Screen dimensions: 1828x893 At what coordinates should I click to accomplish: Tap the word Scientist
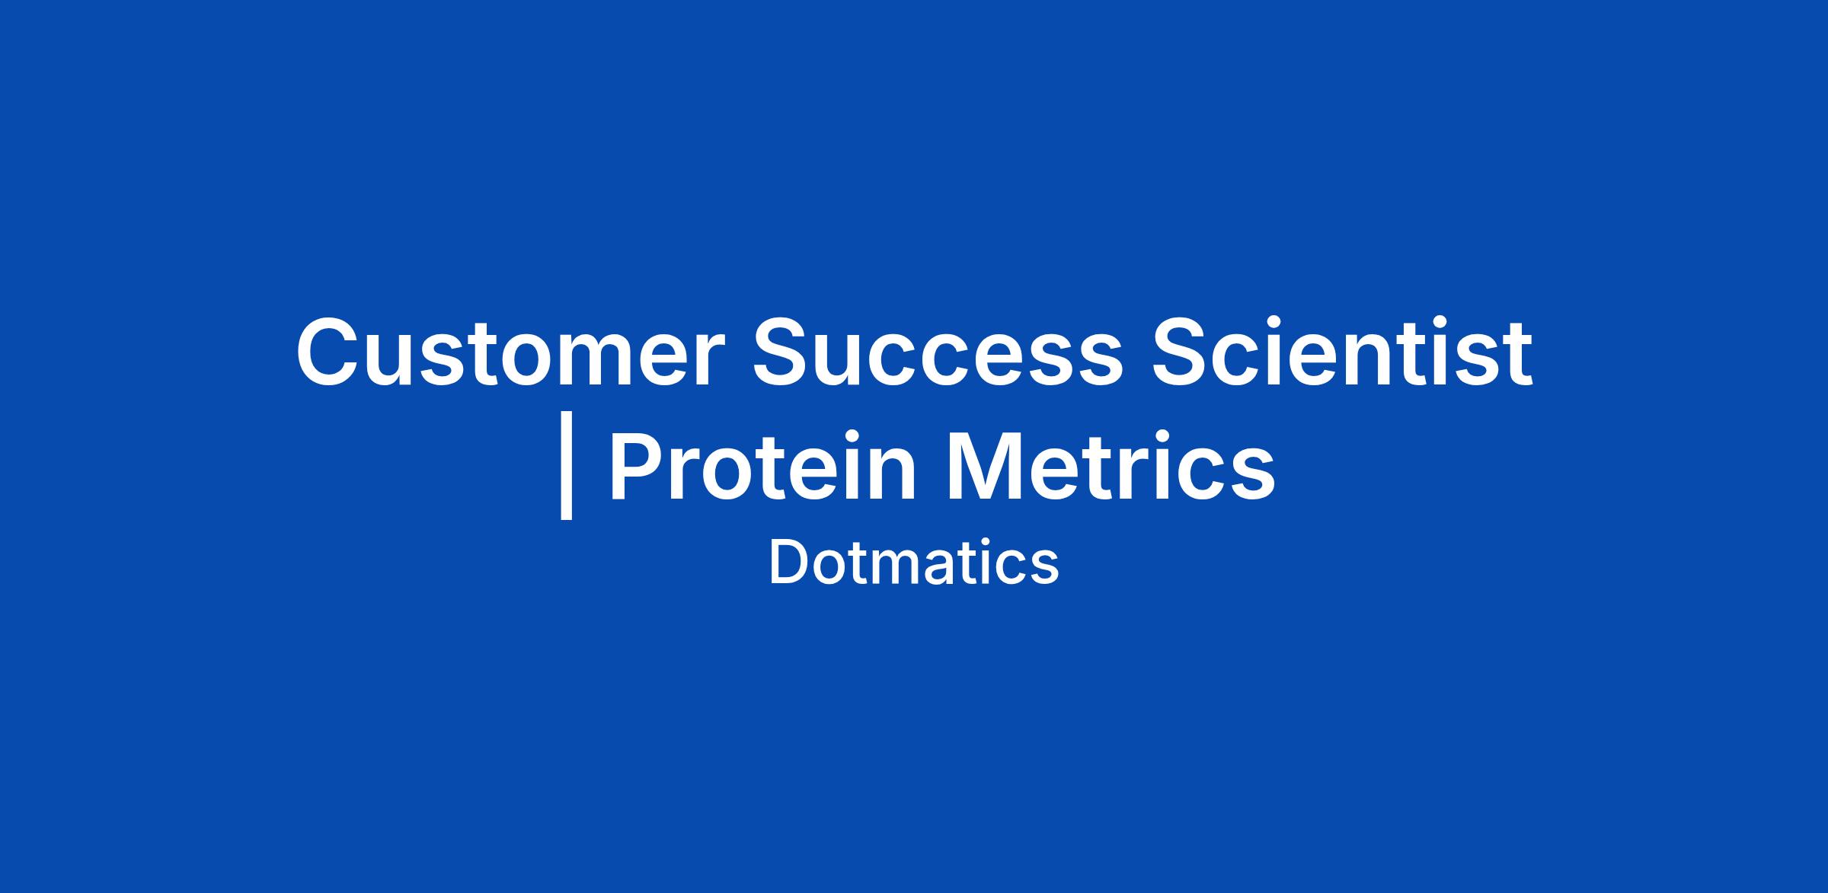[1342, 352]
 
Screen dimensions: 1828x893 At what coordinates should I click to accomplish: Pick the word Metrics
[1111, 466]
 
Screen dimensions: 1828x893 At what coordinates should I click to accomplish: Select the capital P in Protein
[638, 467]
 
